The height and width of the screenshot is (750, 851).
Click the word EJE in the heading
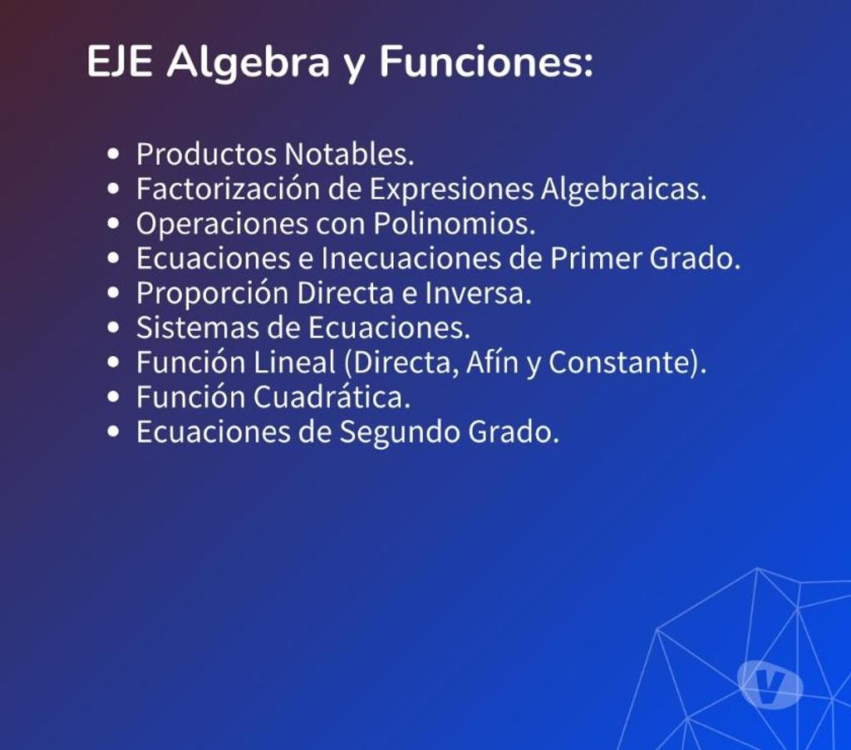120,62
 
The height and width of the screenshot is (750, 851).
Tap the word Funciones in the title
486,62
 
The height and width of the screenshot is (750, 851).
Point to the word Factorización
228,189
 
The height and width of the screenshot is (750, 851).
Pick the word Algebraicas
623,190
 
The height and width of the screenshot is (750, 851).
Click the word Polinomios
455,223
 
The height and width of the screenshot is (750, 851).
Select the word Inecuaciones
411,258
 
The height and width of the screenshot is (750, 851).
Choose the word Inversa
478,293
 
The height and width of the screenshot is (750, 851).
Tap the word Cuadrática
332,397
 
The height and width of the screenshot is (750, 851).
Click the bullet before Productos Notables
113,154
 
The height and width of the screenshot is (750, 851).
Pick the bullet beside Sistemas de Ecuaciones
113,328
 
